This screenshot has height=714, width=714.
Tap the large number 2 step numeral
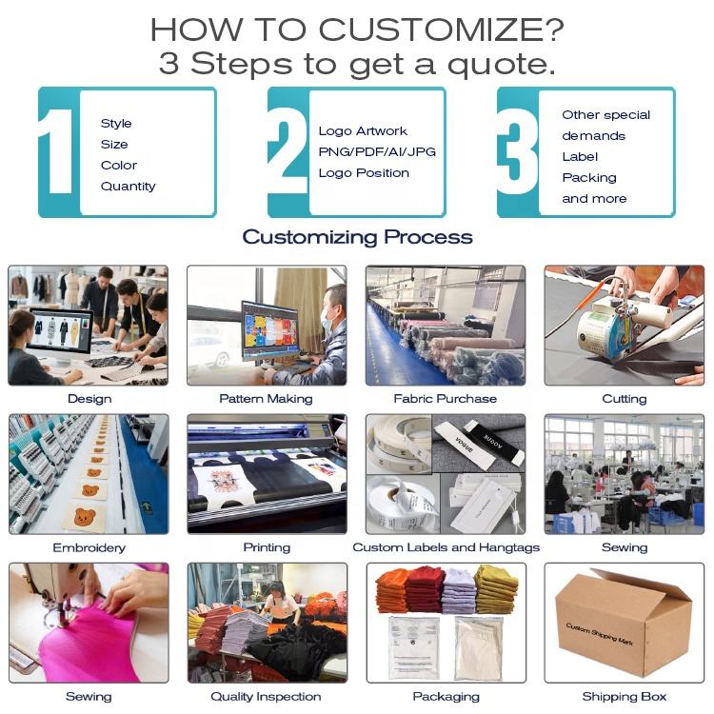(288, 151)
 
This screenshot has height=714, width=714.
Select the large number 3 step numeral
(518, 151)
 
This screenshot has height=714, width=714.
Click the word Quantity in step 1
(128, 187)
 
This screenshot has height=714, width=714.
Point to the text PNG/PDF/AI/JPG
(377, 151)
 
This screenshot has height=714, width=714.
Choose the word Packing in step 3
(589, 178)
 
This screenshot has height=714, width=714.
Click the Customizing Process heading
(357, 237)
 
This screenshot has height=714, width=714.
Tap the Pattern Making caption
(266, 399)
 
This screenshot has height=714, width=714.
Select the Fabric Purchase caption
(445, 399)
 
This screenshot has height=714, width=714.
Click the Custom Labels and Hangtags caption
(446, 547)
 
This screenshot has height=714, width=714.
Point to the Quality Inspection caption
(266, 696)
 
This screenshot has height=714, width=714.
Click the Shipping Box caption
(625, 696)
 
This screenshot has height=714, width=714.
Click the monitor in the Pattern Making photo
(270, 331)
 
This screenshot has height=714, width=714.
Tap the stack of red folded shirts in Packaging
(424, 589)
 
